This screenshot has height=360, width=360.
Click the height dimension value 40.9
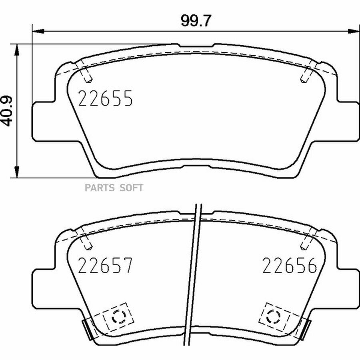tap(7, 111)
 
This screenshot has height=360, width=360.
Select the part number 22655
tap(105, 98)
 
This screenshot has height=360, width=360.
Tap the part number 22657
tap(105, 266)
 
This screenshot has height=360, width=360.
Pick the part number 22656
tap(290, 266)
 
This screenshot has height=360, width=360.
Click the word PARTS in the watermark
tap(100, 188)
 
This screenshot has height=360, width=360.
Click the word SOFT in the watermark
tap(131, 188)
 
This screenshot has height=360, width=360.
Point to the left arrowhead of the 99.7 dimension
tap(38, 31)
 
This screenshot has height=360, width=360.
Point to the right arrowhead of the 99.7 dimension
tap(354, 31)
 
